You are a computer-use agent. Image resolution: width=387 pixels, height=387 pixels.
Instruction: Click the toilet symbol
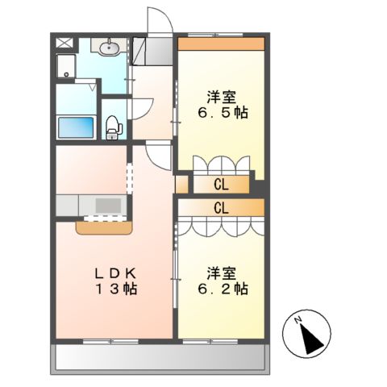click(x=114, y=125)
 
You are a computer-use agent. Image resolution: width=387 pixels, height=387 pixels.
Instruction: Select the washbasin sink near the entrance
click(x=110, y=48)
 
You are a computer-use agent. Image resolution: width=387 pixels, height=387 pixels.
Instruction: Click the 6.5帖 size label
click(x=221, y=114)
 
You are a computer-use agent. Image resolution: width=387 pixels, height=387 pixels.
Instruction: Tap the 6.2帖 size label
click(x=221, y=288)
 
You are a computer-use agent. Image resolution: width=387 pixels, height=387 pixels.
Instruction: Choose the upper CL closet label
click(x=221, y=185)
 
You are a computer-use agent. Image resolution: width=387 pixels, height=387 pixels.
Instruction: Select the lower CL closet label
click(x=221, y=207)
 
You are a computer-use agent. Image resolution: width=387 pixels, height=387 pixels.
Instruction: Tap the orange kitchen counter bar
click(x=103, y=228)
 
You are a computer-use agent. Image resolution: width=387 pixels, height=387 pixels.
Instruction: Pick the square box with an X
click(x=64, y=44)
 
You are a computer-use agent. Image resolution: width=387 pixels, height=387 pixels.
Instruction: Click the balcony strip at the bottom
click(x=160, y=358)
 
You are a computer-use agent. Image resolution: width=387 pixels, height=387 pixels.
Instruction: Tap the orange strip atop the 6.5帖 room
click(x=221, y=44)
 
